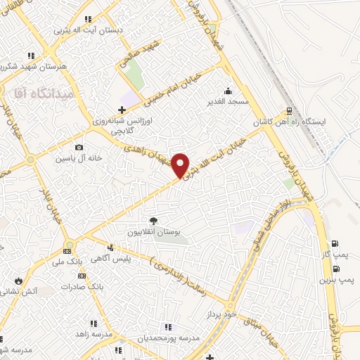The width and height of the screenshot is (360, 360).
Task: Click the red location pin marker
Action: coord(181,165)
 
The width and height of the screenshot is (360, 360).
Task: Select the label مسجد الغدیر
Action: coord(228,102)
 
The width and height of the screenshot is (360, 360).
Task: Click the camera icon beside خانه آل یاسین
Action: coord(79,148)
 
